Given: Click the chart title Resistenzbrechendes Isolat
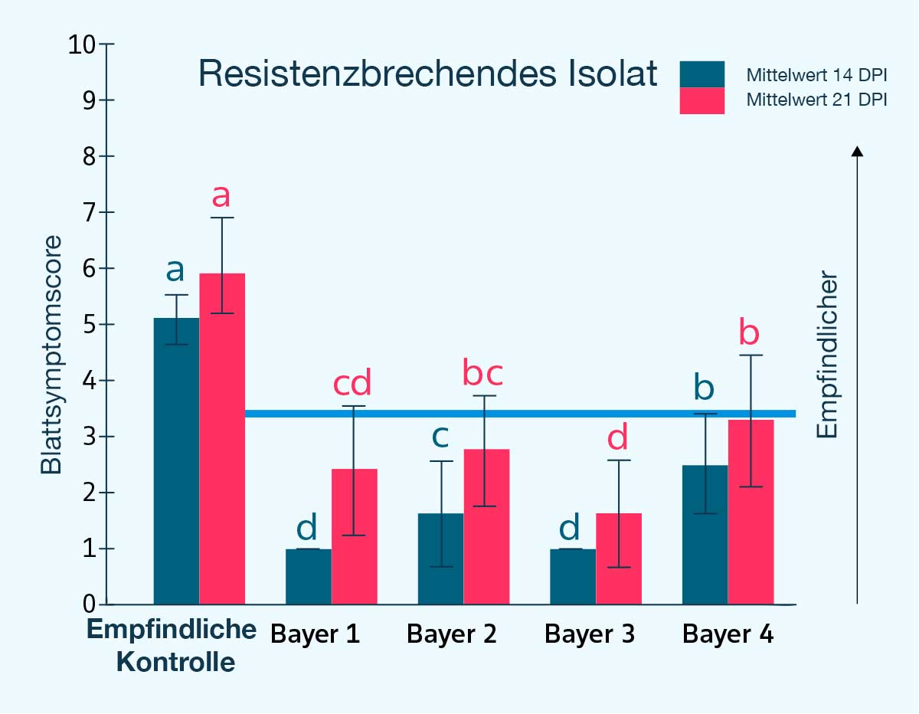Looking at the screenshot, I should (x=427, y=74).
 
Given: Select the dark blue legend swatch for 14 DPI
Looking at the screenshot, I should (x=702, y=74).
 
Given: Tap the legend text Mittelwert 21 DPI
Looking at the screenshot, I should (x=816, y=100).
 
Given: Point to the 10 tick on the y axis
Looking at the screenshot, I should (x=85, y=44).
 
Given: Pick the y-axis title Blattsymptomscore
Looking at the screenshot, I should (x=51, y=355).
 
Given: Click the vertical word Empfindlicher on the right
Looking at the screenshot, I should (x=828, y=355).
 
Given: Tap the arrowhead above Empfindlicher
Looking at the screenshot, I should (x=858, y=151).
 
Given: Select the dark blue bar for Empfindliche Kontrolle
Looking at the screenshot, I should (x=177, y=460).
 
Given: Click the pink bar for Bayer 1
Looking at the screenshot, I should (x=354, y=536).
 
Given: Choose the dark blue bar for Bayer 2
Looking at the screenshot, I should (x=440, y=559).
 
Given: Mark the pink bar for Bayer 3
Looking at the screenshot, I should (x=618, y=559).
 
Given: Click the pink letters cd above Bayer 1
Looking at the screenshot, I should (x=352, y=383).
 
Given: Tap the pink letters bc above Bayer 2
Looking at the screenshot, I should (x=483, y=373).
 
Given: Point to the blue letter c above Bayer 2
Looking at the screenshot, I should (x=440, y=436).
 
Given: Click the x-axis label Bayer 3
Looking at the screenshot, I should (x=590, y=634).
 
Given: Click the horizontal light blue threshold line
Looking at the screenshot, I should (x=521, y=414).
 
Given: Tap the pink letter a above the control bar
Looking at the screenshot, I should (x=221, y=196).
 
